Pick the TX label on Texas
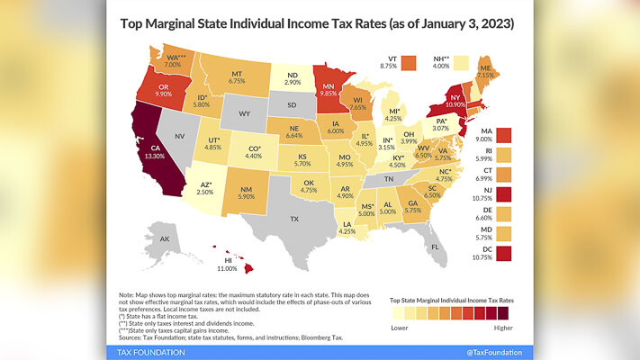293,219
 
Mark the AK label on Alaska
164,240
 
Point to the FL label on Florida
433,246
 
